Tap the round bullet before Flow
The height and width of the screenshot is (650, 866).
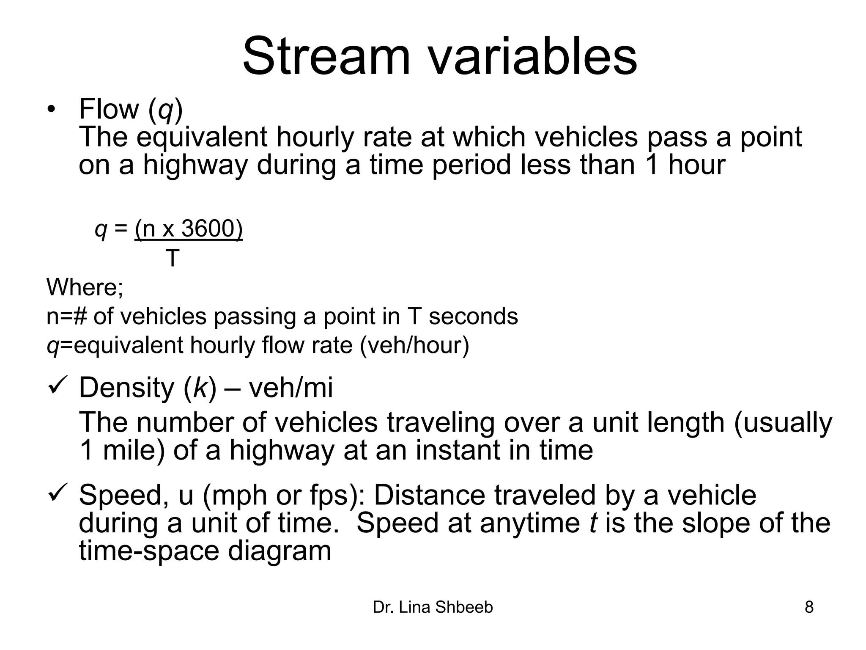(51, 110)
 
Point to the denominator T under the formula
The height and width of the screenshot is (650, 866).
(172, 258)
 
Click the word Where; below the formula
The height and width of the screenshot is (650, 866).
(85, 287)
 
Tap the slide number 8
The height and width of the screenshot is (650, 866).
(808, 607)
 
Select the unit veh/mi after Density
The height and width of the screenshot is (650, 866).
(290, 388)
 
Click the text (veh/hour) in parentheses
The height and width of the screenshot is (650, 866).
(414, 345)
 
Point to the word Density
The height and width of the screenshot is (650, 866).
(126, 388)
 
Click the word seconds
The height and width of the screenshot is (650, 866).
(473, 317)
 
